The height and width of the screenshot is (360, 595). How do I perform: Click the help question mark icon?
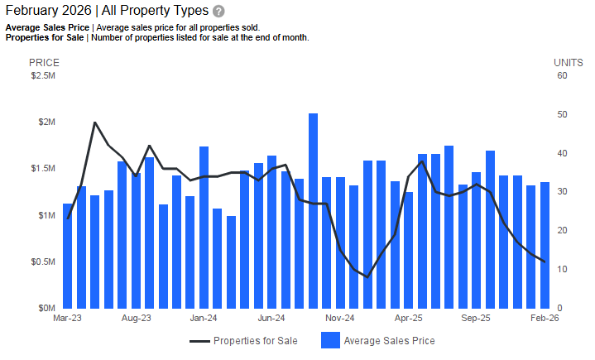click(218, 12)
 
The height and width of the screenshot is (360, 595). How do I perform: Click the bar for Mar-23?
click(68, 255)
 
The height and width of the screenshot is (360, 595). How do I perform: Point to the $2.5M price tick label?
click(42, 76)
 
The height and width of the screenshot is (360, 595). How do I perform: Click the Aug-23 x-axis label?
click(136, 318)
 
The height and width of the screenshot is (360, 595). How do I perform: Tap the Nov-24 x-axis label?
click(339, 318)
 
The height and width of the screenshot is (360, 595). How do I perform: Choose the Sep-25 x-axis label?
click(476, 318)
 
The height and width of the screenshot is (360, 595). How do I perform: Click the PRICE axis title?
click(44, 62)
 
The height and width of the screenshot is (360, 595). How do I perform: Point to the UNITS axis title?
click(569, 62)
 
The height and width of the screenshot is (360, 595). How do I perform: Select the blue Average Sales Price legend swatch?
click(329, 340)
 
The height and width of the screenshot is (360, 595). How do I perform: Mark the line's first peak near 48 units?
click(95, 122)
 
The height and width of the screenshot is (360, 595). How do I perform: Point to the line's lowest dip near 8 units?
click(367, 277)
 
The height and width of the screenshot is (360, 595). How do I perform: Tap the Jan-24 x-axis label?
click(204, 318)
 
